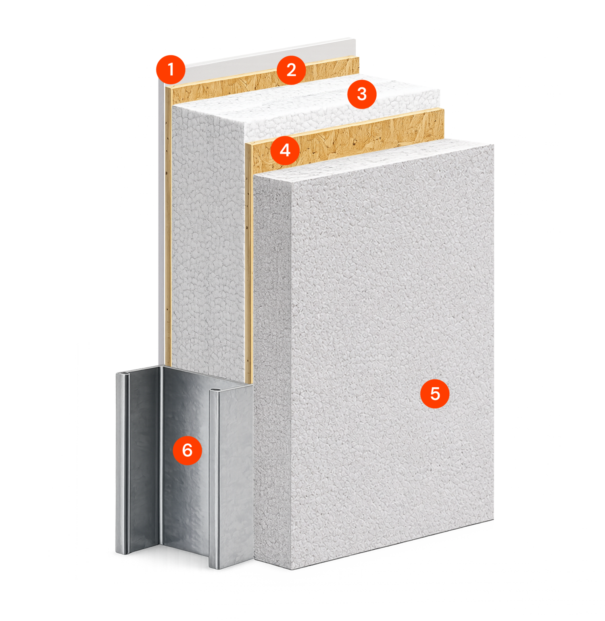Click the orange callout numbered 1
pyautogui.click(x=171, y=70)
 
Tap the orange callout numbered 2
pyautogui.click(x=291, y=70)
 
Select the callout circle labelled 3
pyautogui.click(x=362, y=94)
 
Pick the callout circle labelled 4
pyautogui.click(x=285, y=150)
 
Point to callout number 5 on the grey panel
pyautogui.click(x=435, y=393)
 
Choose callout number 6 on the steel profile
pyautogui.click(x=187, y=450)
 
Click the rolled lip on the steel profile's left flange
pyautogui.click(x=126, y=463)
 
